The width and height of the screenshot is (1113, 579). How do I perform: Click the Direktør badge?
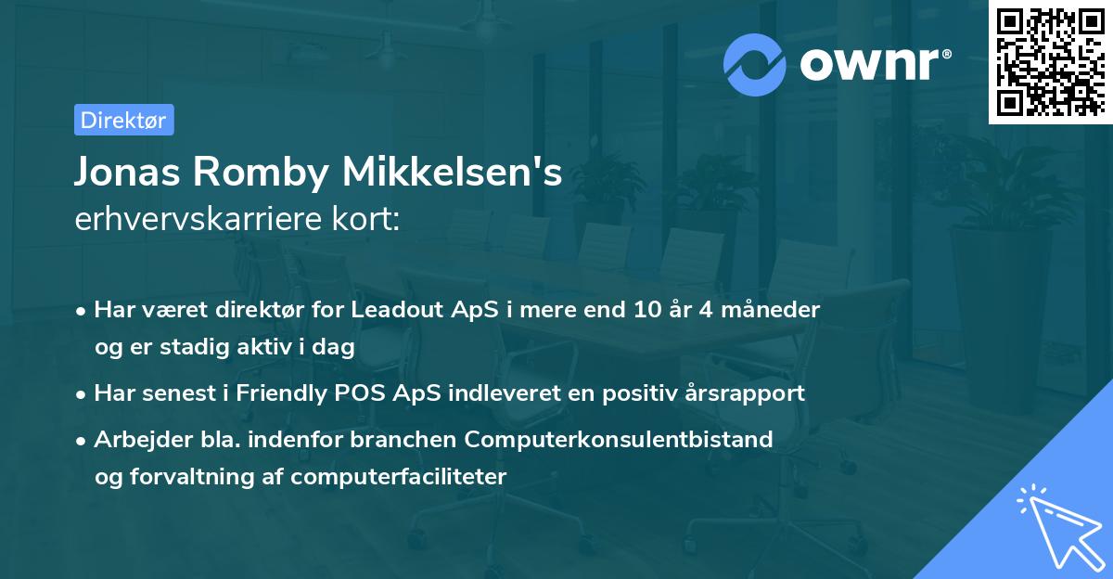pos(123,120)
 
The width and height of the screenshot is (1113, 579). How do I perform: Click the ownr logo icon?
pos(755,63)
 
